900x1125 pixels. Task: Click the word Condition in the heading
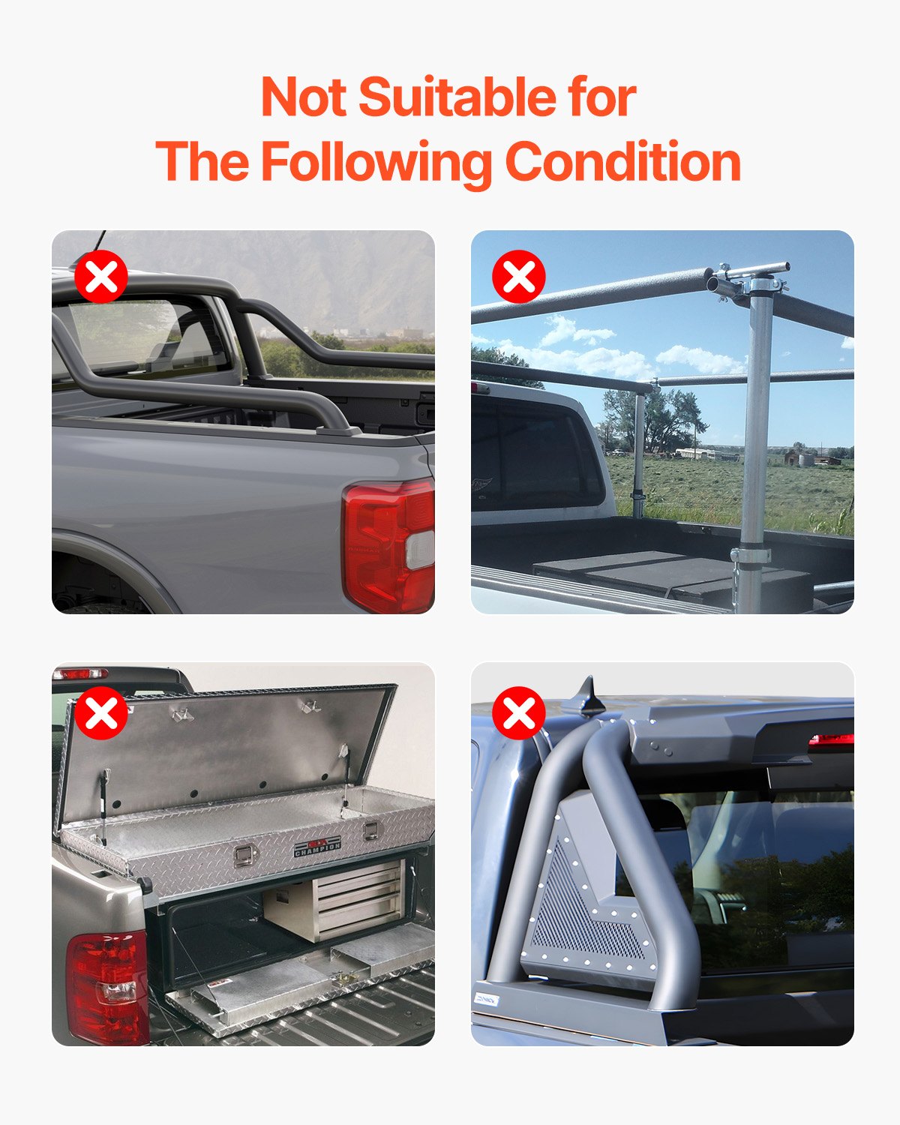[x=622, y=162]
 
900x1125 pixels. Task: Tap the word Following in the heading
[x=377, y=162]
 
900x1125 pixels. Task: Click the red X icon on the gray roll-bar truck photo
[x=101, y=277]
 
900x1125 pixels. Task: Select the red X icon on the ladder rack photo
[x=519, y=277]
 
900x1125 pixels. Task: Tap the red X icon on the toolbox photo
[x=101, y=713]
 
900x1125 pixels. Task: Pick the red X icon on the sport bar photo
[x=519, y=713]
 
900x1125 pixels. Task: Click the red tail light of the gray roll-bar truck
[x=386, y=544]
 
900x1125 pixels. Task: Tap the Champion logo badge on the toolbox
[x=317, y=847]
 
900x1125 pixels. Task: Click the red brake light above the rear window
[x=831, y=740]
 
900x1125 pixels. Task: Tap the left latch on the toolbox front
[x=243, y=856]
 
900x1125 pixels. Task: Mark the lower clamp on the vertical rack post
[x=751, y=556]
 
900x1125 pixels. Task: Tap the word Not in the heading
[x=304, y=97]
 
